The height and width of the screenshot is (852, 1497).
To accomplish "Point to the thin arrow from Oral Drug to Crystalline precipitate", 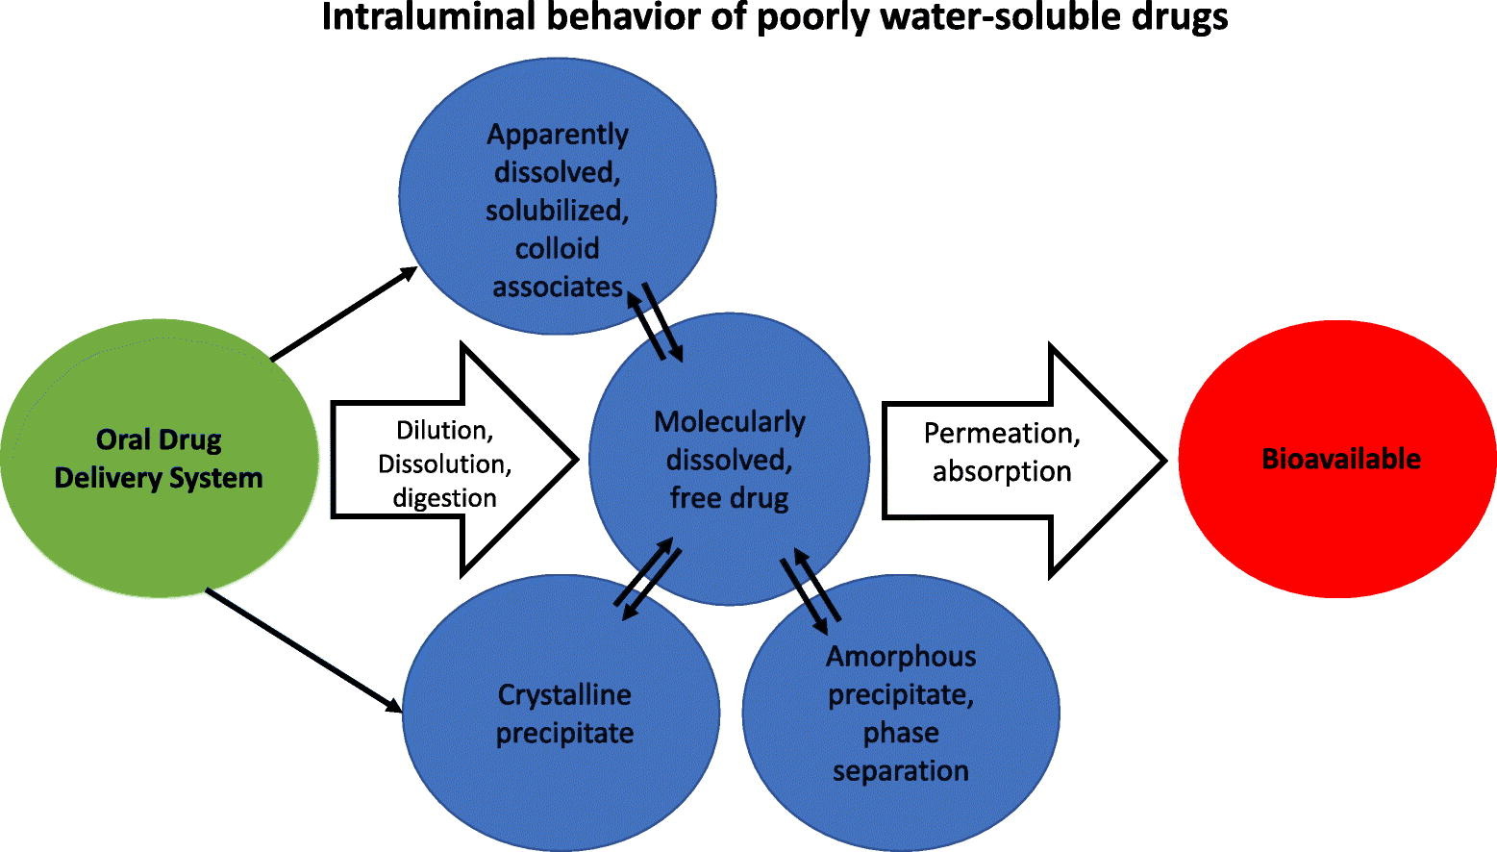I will (x=304, y=651).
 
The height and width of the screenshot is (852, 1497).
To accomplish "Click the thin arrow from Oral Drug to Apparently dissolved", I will (x=343, y=314).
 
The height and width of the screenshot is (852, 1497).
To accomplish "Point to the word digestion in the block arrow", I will (x=444, y=498).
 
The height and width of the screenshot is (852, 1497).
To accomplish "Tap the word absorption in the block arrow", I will (x=1001, y=472).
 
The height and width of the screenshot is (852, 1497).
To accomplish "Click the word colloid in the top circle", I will (x=557, y=249).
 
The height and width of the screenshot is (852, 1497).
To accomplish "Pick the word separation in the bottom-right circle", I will (x=900, y=771).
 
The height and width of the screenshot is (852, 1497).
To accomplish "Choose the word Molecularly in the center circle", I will (x=729, y=422).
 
